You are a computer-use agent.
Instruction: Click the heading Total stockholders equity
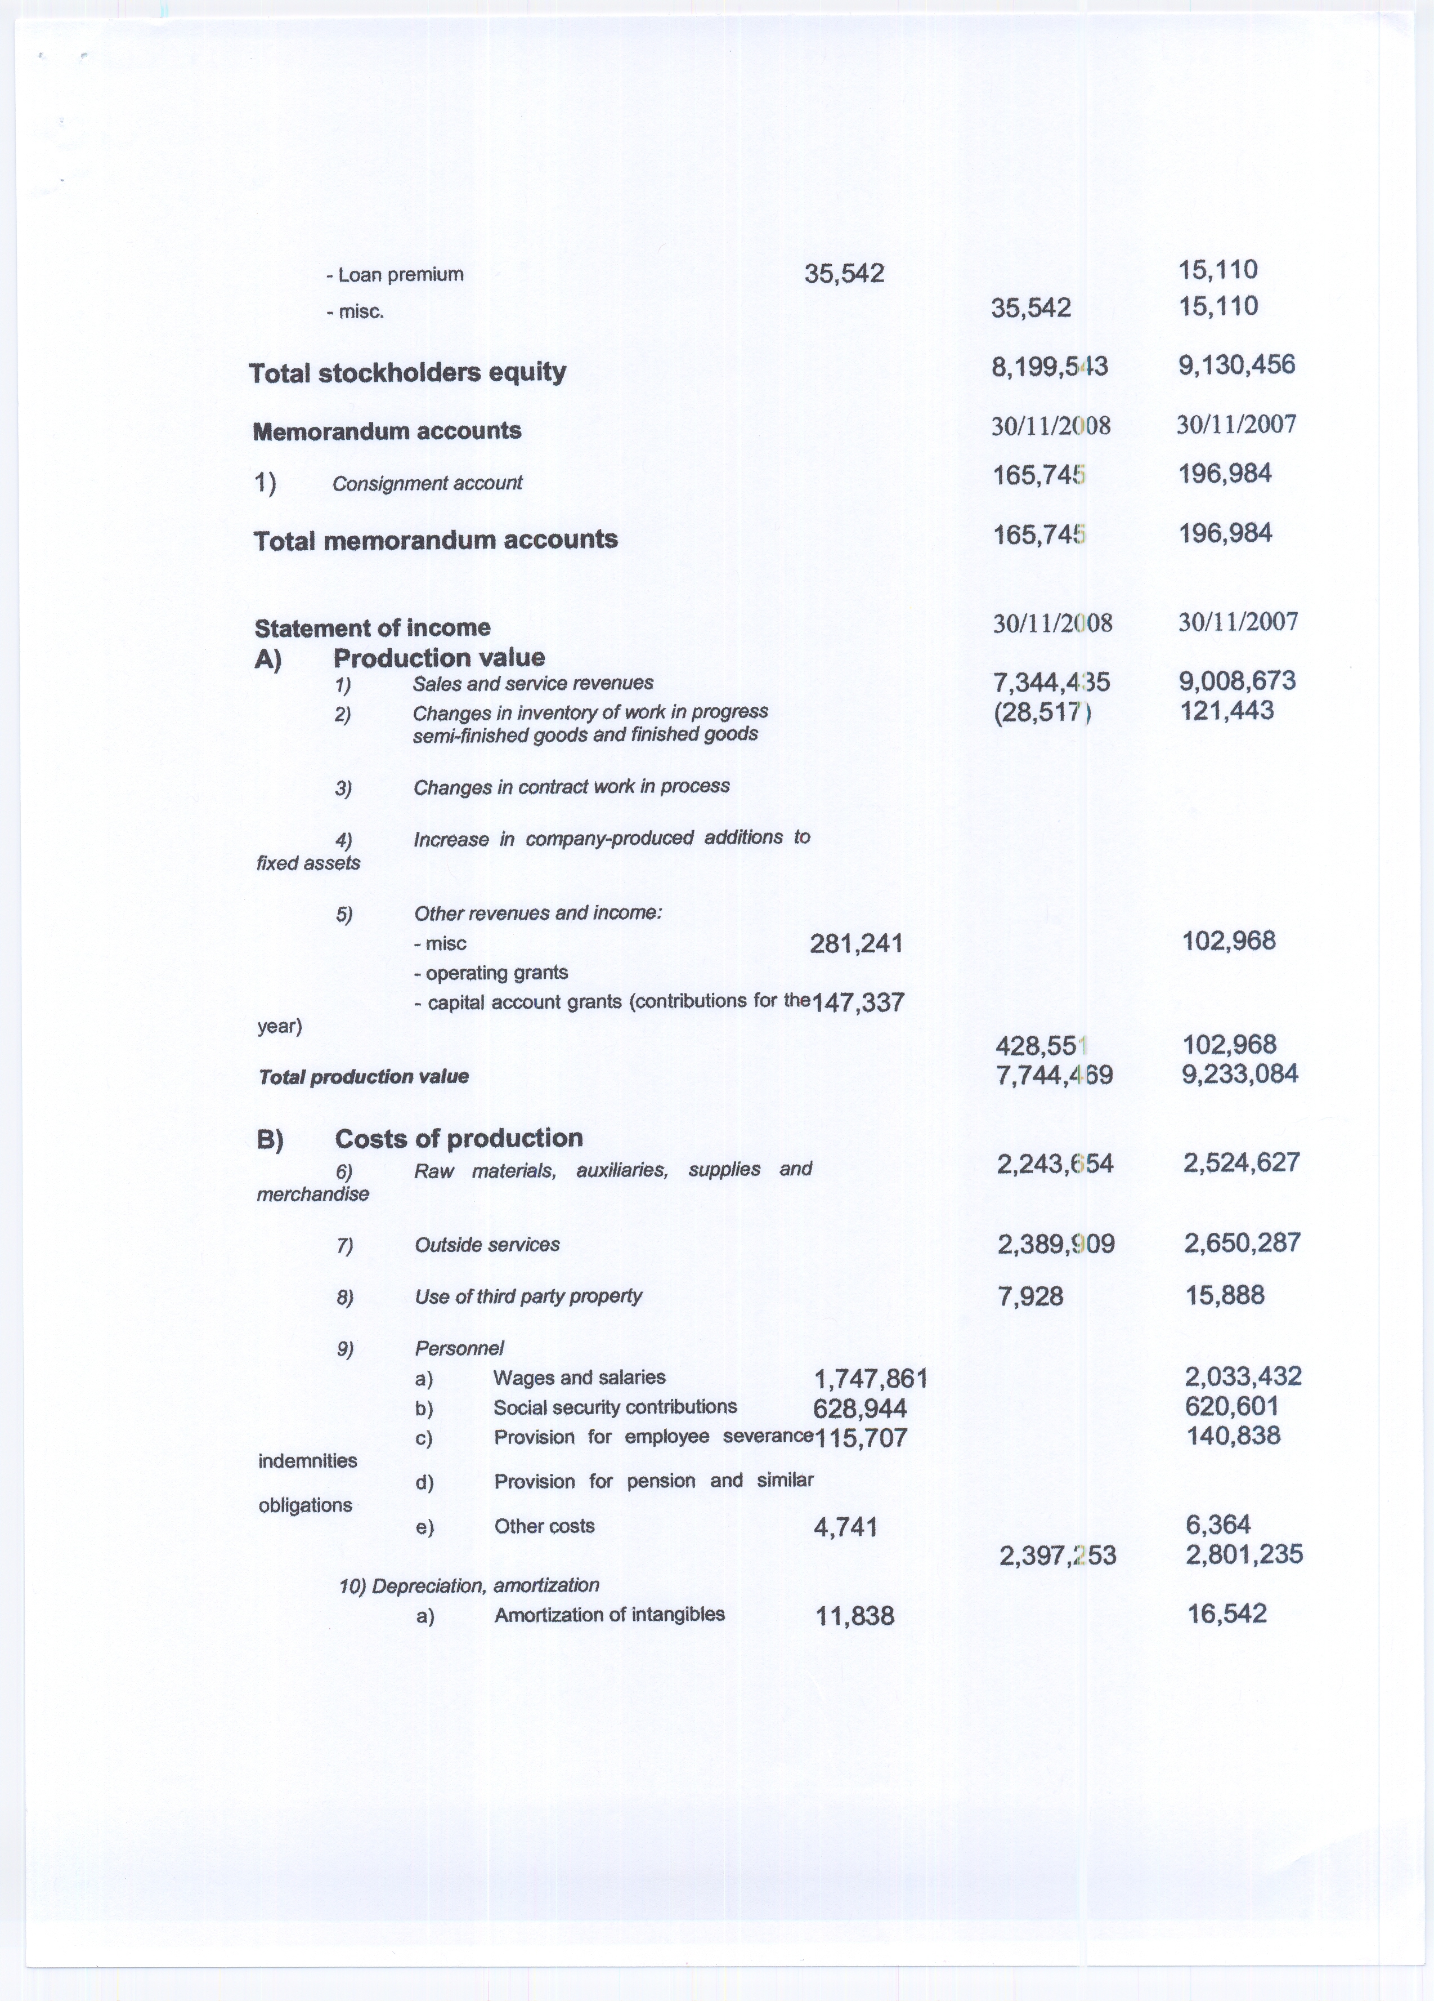tap(407, 372)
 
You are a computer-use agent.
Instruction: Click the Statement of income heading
tap(372, 627)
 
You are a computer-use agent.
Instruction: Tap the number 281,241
tap(855, 943)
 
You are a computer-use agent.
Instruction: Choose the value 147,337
tap(857, 1002)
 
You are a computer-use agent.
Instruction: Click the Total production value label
tap(364, 1076)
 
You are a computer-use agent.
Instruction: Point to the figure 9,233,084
tap(1239, 1074)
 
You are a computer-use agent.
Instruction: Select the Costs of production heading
tap(459, 1138)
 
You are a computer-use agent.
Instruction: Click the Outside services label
tap(487, 1244)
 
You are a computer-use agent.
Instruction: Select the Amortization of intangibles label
tap(610, 1615)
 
